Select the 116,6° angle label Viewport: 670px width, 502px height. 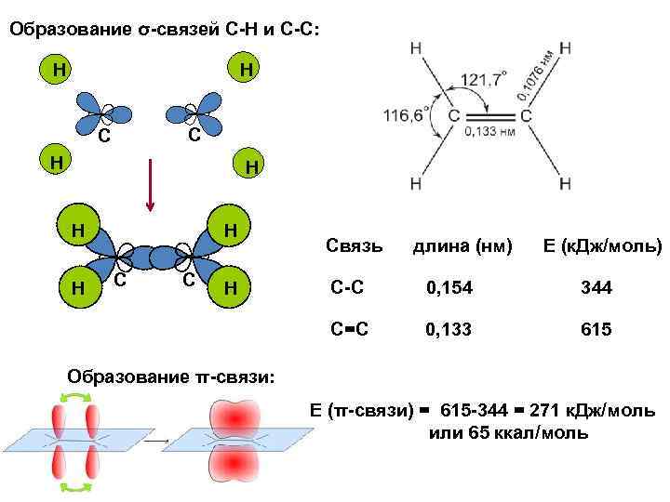coord(405,115)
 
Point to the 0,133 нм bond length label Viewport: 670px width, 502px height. coord(489,132)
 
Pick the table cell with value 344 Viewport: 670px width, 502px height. coord(595,289)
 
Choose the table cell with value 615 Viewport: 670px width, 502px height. coord(595,329)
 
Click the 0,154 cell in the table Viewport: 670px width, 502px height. coord(449,289)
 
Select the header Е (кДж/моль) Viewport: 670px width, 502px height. coord(602,246)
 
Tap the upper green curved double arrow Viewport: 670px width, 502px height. coord(74,397)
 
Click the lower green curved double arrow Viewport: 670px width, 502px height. coord(74,486)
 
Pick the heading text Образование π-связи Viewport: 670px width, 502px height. coord(172,376)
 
